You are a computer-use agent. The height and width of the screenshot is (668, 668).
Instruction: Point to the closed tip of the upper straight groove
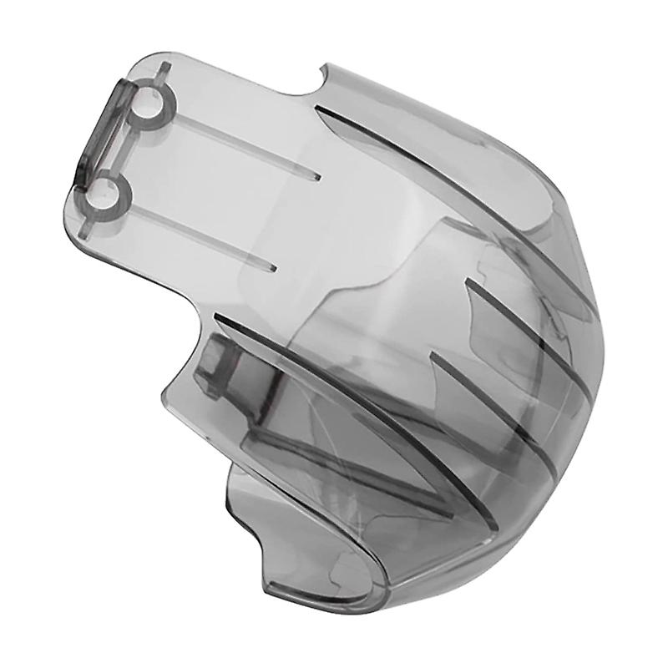point(317,177)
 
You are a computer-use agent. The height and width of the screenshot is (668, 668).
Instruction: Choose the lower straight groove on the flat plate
point(200,235)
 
